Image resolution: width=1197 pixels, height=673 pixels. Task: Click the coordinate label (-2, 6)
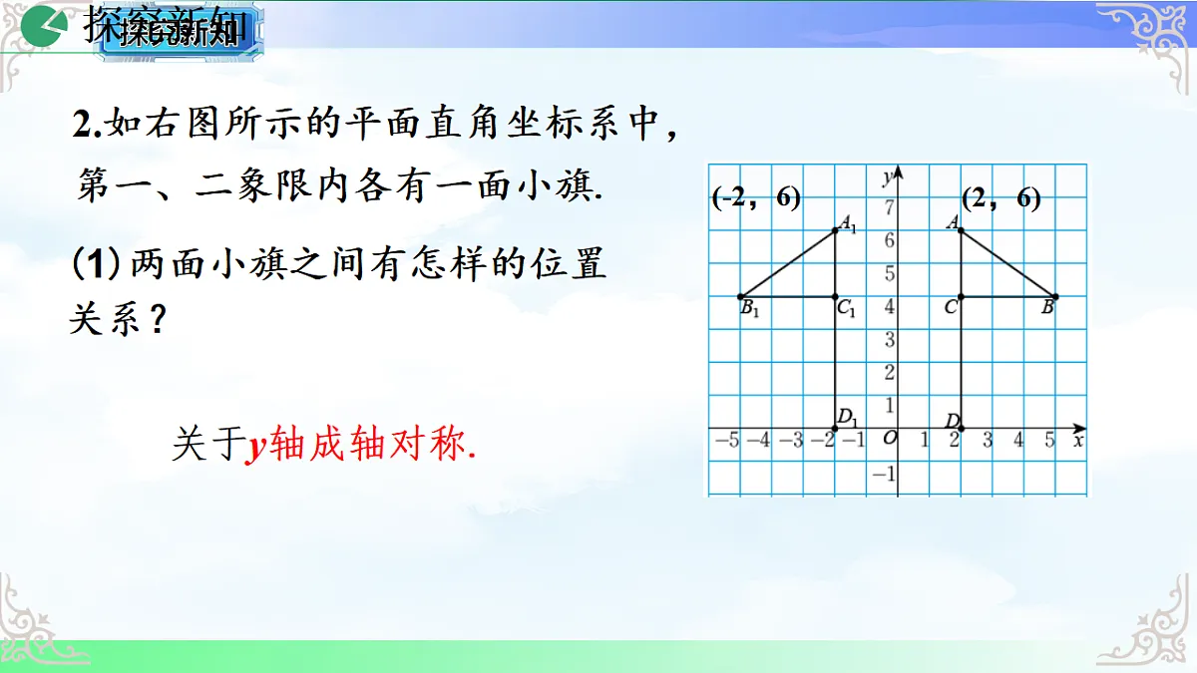(757, 198)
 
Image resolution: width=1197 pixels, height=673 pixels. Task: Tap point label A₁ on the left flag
(848, 225)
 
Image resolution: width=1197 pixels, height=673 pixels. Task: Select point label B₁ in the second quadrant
(750, 310)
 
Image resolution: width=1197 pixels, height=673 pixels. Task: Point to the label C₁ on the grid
(847, 310)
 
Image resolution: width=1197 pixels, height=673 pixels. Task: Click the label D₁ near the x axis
(848, 417)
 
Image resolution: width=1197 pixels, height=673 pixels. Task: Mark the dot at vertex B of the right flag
(1055, 296)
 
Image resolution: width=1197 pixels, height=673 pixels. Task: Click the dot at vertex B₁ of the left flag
(740, 296)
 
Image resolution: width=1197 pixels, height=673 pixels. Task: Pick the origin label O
(890, 439)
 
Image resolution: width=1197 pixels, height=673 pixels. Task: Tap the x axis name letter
(1078, 439)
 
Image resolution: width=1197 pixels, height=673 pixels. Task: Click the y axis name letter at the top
(887, 176)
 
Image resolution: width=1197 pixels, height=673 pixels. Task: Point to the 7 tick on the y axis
(889, 206)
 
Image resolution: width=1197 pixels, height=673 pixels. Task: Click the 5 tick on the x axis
(1050, 440)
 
